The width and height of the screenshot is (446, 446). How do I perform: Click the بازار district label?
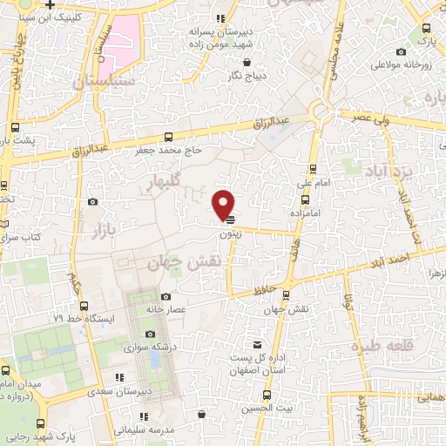point(102,220)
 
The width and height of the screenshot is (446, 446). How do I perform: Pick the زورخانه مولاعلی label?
point(398,65)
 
